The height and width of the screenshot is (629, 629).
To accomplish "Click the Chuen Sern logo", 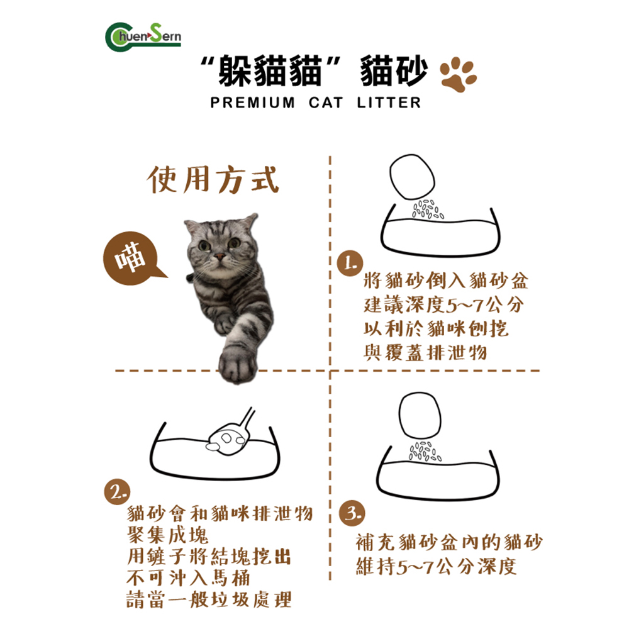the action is click(x=143, y=37).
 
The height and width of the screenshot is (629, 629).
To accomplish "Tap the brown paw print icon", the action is click(x=458, y=74).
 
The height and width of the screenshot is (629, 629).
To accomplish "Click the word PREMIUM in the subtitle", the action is click(x=253, y=103).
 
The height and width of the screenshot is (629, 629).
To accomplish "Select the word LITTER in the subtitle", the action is click(x=389, y=103).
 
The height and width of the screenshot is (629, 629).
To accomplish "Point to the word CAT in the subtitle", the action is click(x=326, y=103).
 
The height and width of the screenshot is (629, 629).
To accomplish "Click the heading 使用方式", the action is click(x=213, y=179).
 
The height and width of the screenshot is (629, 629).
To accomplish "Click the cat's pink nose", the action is click(x=220, y=255).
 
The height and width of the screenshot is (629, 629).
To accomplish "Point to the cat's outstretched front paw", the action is click(x=238, y=364).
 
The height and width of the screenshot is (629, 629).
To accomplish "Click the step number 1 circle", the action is click(x=350, y=264).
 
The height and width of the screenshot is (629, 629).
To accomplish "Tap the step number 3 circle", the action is click(x=352, y=513).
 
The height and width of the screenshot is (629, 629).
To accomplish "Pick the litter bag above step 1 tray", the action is click(x=413, y=177).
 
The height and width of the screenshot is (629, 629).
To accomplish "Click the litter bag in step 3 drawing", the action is click(x=420, y=415).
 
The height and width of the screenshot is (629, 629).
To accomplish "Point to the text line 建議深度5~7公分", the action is click(x=443, y=305).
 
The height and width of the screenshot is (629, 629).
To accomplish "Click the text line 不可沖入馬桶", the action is click(x=189, y=578).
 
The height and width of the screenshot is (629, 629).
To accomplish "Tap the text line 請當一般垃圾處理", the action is click(x=209, y=599).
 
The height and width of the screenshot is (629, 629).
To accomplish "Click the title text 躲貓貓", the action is click(x=270, y=71).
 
